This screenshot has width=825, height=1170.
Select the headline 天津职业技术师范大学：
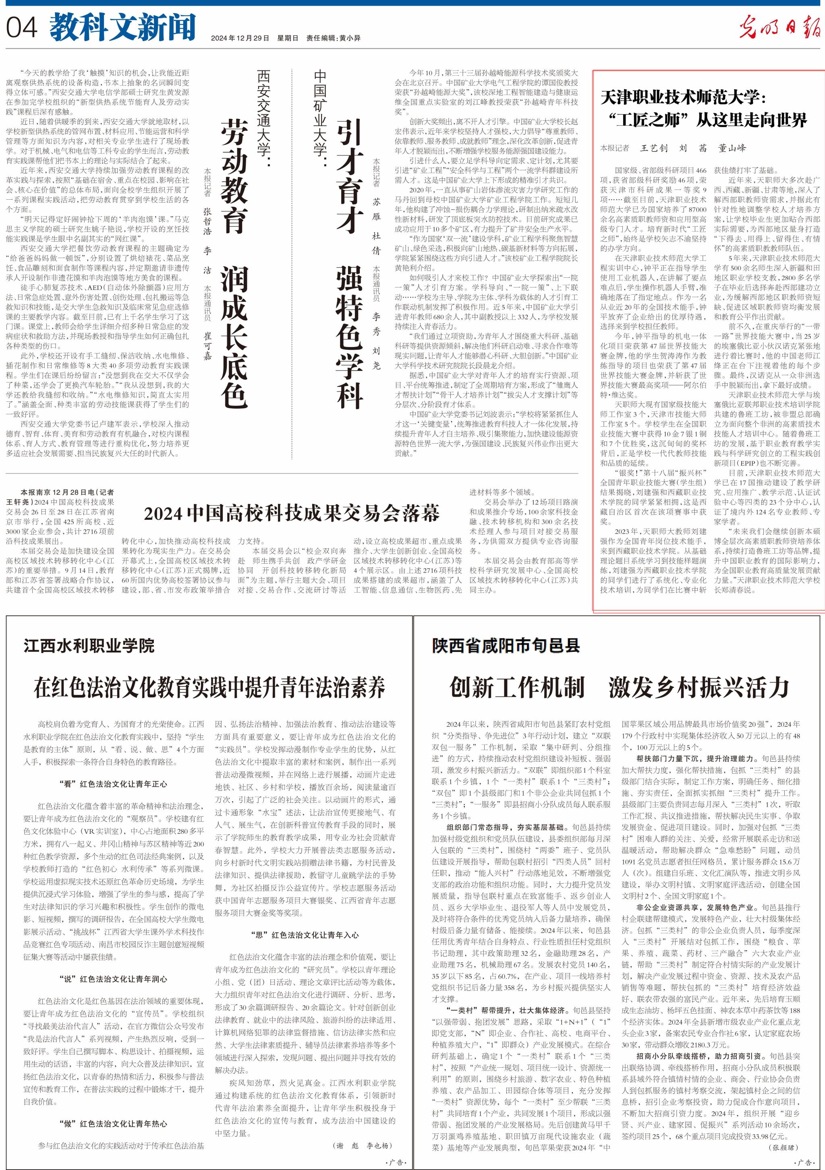click(683, 97)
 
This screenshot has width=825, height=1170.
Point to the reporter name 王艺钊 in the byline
click(654, 148)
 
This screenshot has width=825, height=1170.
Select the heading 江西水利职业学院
click(89, 646)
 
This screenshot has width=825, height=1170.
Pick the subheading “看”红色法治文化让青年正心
click(113, 784)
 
